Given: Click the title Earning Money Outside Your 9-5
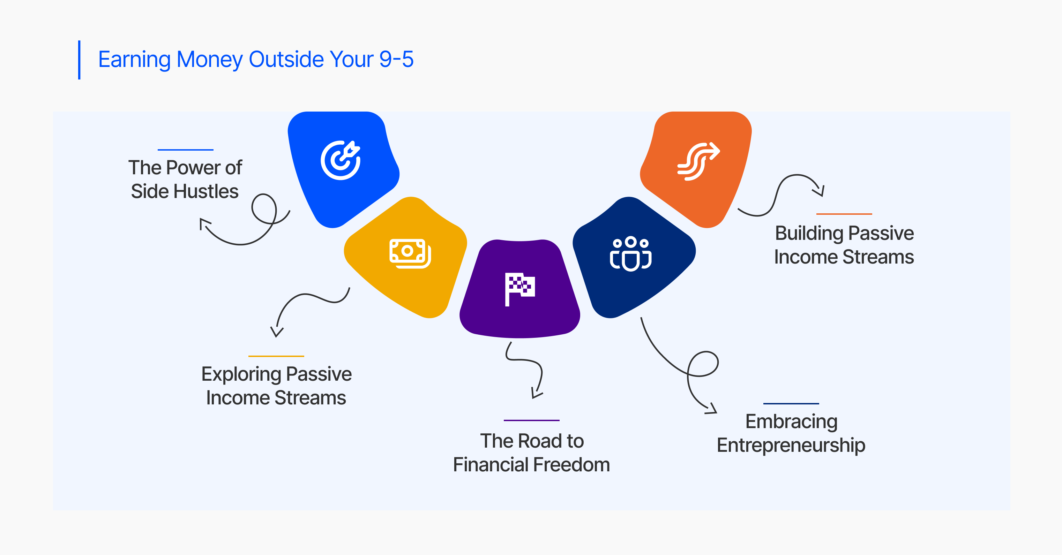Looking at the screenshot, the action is click(x=256, y=60).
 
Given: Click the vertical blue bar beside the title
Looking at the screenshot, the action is click(x=79, y=60).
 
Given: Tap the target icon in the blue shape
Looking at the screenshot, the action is click(x=341, y=160).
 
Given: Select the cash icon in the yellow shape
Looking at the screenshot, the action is click(x=410, y=253).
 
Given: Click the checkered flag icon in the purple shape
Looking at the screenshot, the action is click(x=520, y=289).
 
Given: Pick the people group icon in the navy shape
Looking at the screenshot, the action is click(x=630, y=253).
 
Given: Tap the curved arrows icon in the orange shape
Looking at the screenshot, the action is click(x=699, y=161).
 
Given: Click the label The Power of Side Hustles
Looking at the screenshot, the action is click(x=185, y=179).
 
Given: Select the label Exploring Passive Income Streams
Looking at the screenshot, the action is click(x=276, y=386).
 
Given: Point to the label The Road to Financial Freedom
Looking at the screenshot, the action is click(x=531, y=453).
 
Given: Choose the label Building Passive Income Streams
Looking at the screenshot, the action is click(x=844, y=245).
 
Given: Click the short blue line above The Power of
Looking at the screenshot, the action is click(x=186, y=150).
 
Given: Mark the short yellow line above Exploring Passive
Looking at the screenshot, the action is click(x=276, y=356).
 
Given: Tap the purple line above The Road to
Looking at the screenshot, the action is click(x=531, y=420).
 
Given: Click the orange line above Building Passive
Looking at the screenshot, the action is click(x=844, y=214).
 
